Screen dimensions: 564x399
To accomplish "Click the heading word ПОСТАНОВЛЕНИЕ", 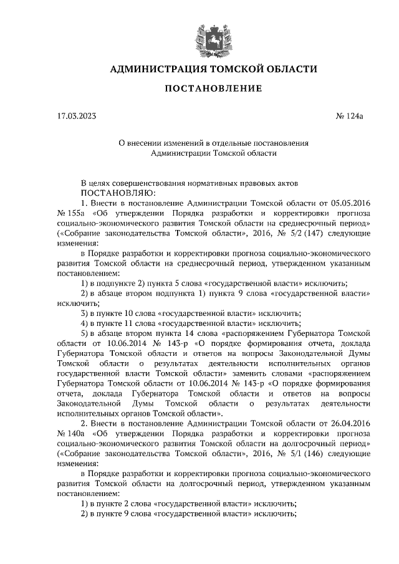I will pos(213,88).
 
